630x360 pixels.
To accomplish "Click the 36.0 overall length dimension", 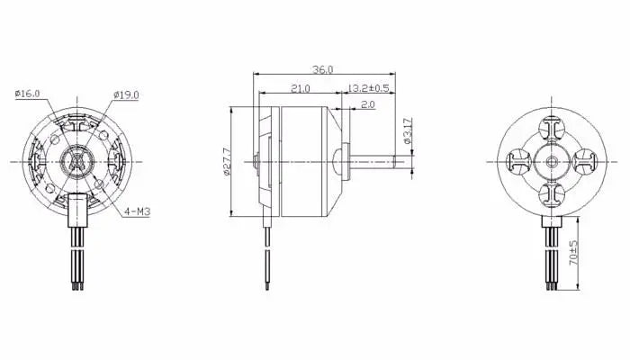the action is click(x=323, y=69).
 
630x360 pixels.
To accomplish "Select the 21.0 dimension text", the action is click(x=300, y=88).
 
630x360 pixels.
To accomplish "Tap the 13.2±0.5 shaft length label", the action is click(x=368, y=88).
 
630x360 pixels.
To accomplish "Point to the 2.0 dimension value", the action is click(x=367, y=104).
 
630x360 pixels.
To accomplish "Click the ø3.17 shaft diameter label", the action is click(x=407, y=131).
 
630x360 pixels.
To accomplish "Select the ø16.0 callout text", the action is click(x=27, y=94).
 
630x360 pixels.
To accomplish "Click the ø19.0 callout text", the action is click(x=126, y=94).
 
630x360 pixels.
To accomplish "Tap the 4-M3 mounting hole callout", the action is click(x=137, y=211).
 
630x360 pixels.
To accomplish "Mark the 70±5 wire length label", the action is click(x=573, y=252).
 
